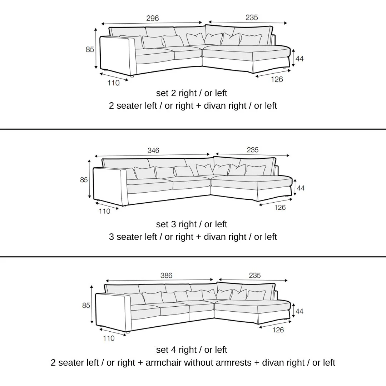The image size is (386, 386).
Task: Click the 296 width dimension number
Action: [152, 18]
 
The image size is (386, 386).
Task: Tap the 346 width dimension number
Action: [153, 150]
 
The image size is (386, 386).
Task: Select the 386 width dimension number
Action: [167, 275]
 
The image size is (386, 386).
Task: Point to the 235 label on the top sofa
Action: [252, 18]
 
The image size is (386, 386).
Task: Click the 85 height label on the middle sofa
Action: [84, 180]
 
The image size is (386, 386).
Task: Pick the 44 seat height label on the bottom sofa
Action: [300, 311]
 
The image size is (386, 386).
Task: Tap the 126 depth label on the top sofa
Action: [277, 79]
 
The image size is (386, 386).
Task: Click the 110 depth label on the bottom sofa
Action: [109, 338]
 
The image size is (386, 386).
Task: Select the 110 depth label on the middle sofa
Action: [105, 211]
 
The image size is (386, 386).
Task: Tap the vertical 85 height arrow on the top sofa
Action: [96, 49]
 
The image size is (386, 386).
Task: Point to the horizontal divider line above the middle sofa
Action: [193, 129]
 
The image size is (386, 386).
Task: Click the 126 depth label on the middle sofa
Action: [280, 208]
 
